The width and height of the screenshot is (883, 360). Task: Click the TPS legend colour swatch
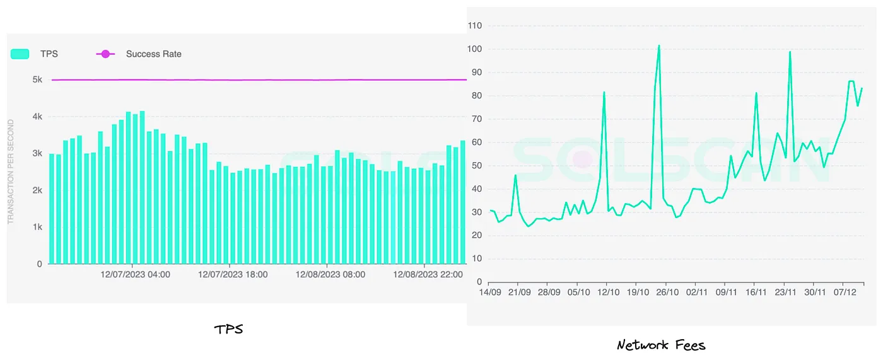[x=20, y=54]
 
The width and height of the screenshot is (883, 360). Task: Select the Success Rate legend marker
[x=105, y=54]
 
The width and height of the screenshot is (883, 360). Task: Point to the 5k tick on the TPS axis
[x=37, y=80]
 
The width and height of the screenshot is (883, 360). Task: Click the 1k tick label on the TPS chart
[x=37, y=227]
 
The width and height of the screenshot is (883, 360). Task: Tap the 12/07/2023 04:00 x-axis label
[x=135, y=275]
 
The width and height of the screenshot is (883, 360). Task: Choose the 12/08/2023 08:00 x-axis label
[x=330, y=275]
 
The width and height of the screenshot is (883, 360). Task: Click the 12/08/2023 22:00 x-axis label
[x=428, y=275]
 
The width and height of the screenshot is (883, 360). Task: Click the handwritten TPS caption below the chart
[x=228, y=329]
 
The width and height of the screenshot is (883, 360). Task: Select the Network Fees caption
[x=661, y=345]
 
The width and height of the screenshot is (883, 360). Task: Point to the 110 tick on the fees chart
[x=474, y=26]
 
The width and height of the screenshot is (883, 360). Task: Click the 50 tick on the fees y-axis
[x=477, y=166]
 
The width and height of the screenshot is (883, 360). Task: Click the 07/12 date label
[x=845, y=293]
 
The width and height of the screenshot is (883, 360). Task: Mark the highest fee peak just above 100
[x=658, y=45]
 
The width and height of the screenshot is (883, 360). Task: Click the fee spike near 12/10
[x=604, y=93]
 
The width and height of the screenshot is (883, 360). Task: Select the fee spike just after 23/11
[x=790, y=52]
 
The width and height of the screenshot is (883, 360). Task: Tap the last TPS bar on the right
[x=462, y=202]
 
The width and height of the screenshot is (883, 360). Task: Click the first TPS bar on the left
[x=52, y=208]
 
